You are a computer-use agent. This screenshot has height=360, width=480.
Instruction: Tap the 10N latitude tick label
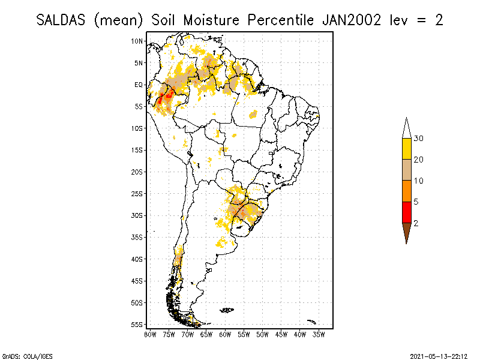click(138, 41)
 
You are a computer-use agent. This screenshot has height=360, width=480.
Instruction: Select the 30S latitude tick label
click(138, 215)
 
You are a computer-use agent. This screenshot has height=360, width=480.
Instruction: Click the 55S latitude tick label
click(138, 325)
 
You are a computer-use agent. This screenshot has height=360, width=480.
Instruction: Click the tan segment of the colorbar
click(407, 170)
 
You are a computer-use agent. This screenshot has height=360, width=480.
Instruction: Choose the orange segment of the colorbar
click(407, 191)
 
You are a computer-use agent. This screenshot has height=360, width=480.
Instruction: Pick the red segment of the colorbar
click(407, 212)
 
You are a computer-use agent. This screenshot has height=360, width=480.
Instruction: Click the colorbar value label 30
click(419, 139)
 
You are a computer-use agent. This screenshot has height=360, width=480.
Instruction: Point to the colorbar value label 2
click(416, 223)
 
